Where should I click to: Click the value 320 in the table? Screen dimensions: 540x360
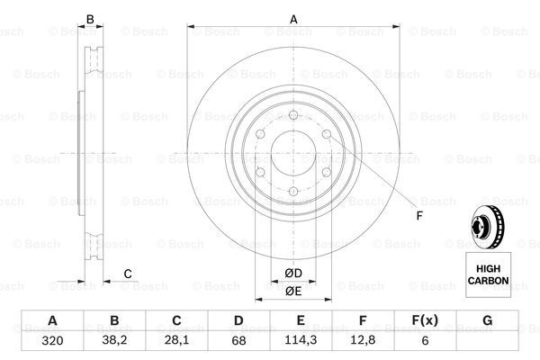pos(52,341)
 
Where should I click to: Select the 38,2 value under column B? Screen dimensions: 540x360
pos(114,340)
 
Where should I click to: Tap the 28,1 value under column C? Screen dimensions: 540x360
pos(176,340)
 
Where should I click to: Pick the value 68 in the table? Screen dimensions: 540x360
pos(238,341)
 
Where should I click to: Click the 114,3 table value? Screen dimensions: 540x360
pos(301,340)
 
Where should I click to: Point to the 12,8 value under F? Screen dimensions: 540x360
pos(363,340)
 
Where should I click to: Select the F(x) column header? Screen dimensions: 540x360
pos(425,320)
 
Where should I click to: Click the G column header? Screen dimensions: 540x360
pos(487,320)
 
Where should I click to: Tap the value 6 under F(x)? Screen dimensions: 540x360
pos(425,341)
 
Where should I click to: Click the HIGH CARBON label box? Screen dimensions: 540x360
pos(489,274)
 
